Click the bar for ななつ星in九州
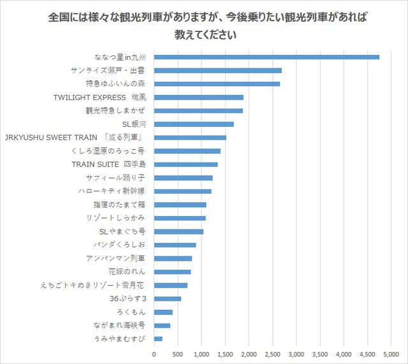pyautogui.click(x=266, y=57)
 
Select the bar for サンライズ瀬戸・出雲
pyautogui.click(x=217, y=70)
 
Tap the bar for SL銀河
pyautogui.click(x=194, y=124)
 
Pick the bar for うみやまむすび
pyautogui.click(x=158, y=339)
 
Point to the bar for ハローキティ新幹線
pyautogui.click(x=182, y=191)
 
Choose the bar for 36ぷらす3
pyautogui.click(x=167, y=298)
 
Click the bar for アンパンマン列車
pyautogui.click(x=173, y=258)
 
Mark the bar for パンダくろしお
pyautogui.click(x=175, y=245)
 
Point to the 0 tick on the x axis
pyautogui.click(x=154, y=353)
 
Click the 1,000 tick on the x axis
pyautogui.click(x=201, y=353)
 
